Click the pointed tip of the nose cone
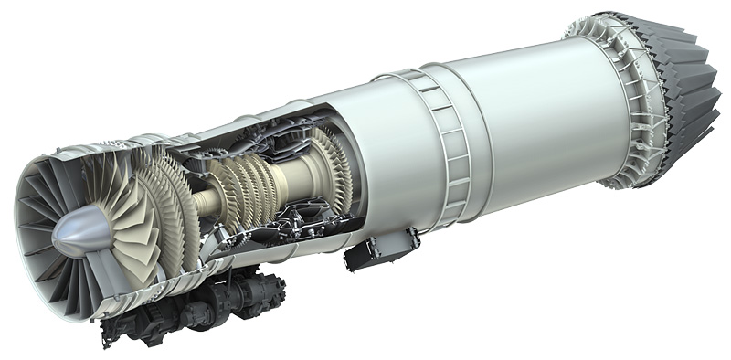pos(53,240)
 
